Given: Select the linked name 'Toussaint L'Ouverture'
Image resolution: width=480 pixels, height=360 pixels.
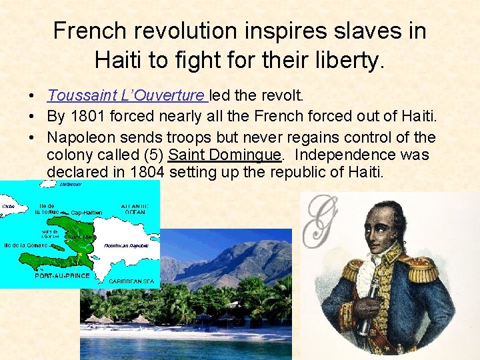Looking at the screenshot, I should (x=127, y=96).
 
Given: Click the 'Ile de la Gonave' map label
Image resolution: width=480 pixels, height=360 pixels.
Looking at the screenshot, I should (x=25, y=245).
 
